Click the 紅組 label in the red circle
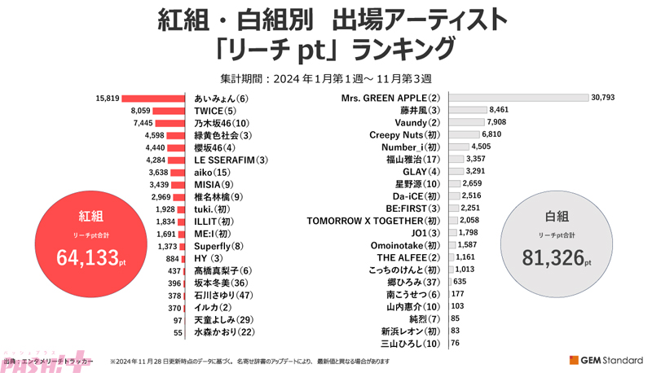pyautogui.click(x=90, y=217)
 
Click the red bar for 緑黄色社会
pyautogui.click(x=179, y=135)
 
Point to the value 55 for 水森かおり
pyautogui.click(x=178, y=332)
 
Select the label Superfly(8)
pyautogui.click(x=219, y=246)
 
